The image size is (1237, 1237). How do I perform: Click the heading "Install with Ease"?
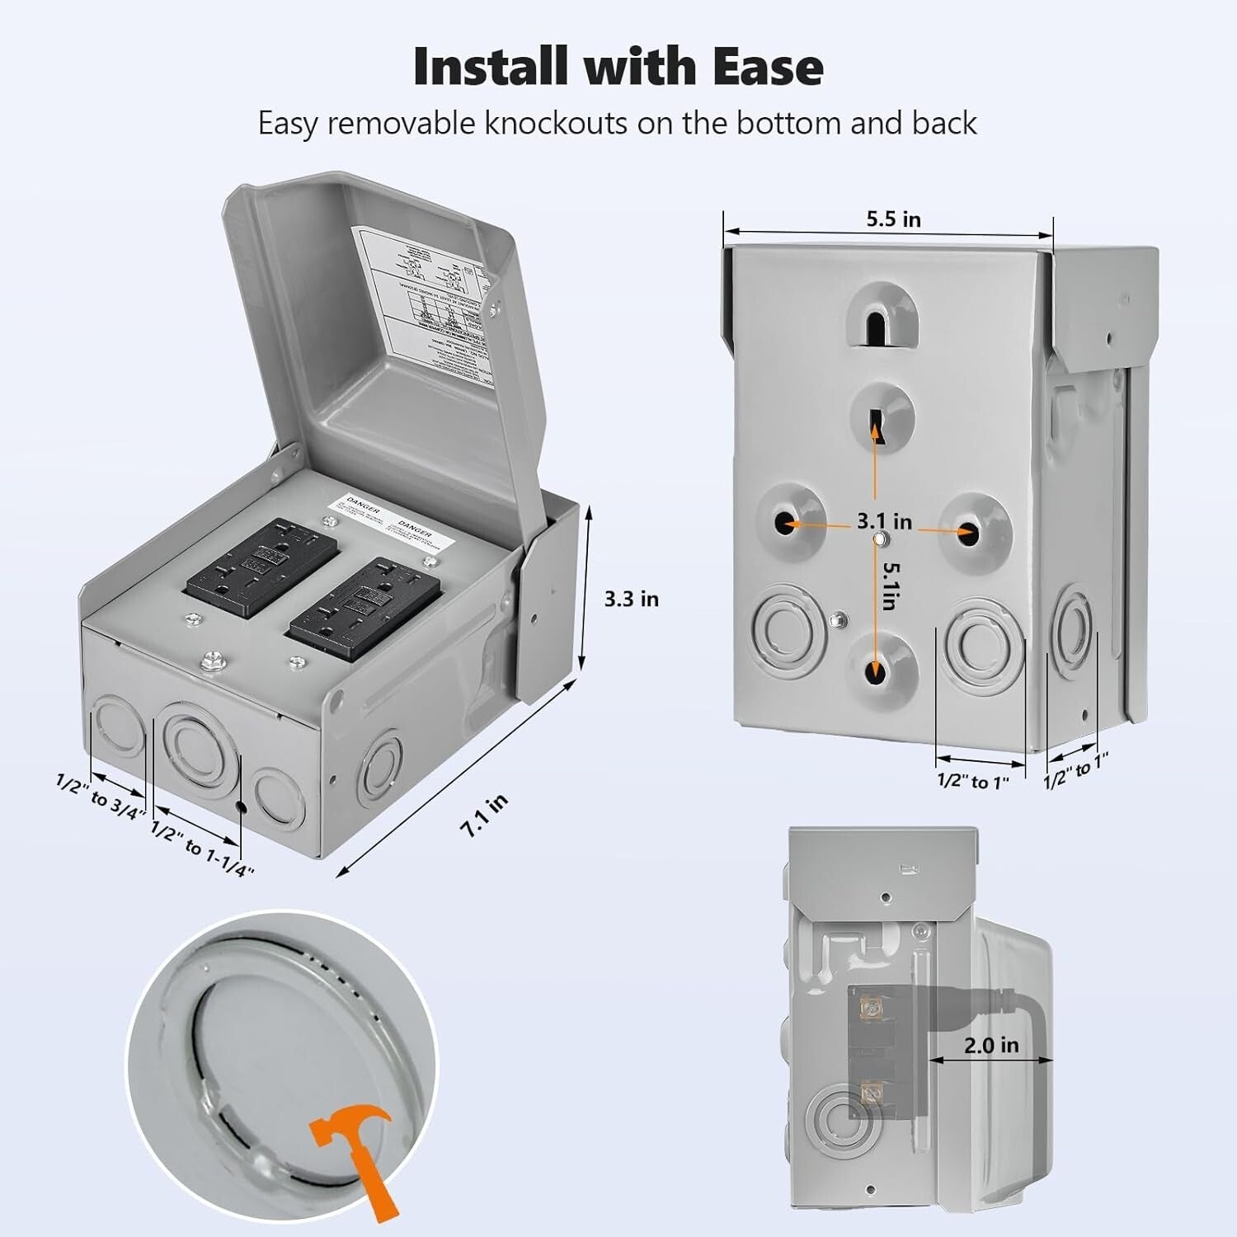[x=618, y=66]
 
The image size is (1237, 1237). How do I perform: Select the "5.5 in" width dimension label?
[x=893, y=219]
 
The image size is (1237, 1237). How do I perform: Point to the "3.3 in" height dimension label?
[x=631, y=599]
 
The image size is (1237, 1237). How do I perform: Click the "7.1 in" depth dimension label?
[x=484, y=816]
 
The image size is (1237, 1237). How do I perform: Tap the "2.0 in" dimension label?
[x=991, y=1045]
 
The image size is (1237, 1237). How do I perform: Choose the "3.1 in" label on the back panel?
[x=883, y=521]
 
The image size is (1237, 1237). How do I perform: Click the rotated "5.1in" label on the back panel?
[x=888, y=586]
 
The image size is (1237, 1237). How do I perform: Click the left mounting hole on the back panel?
[x=790, y=523]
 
